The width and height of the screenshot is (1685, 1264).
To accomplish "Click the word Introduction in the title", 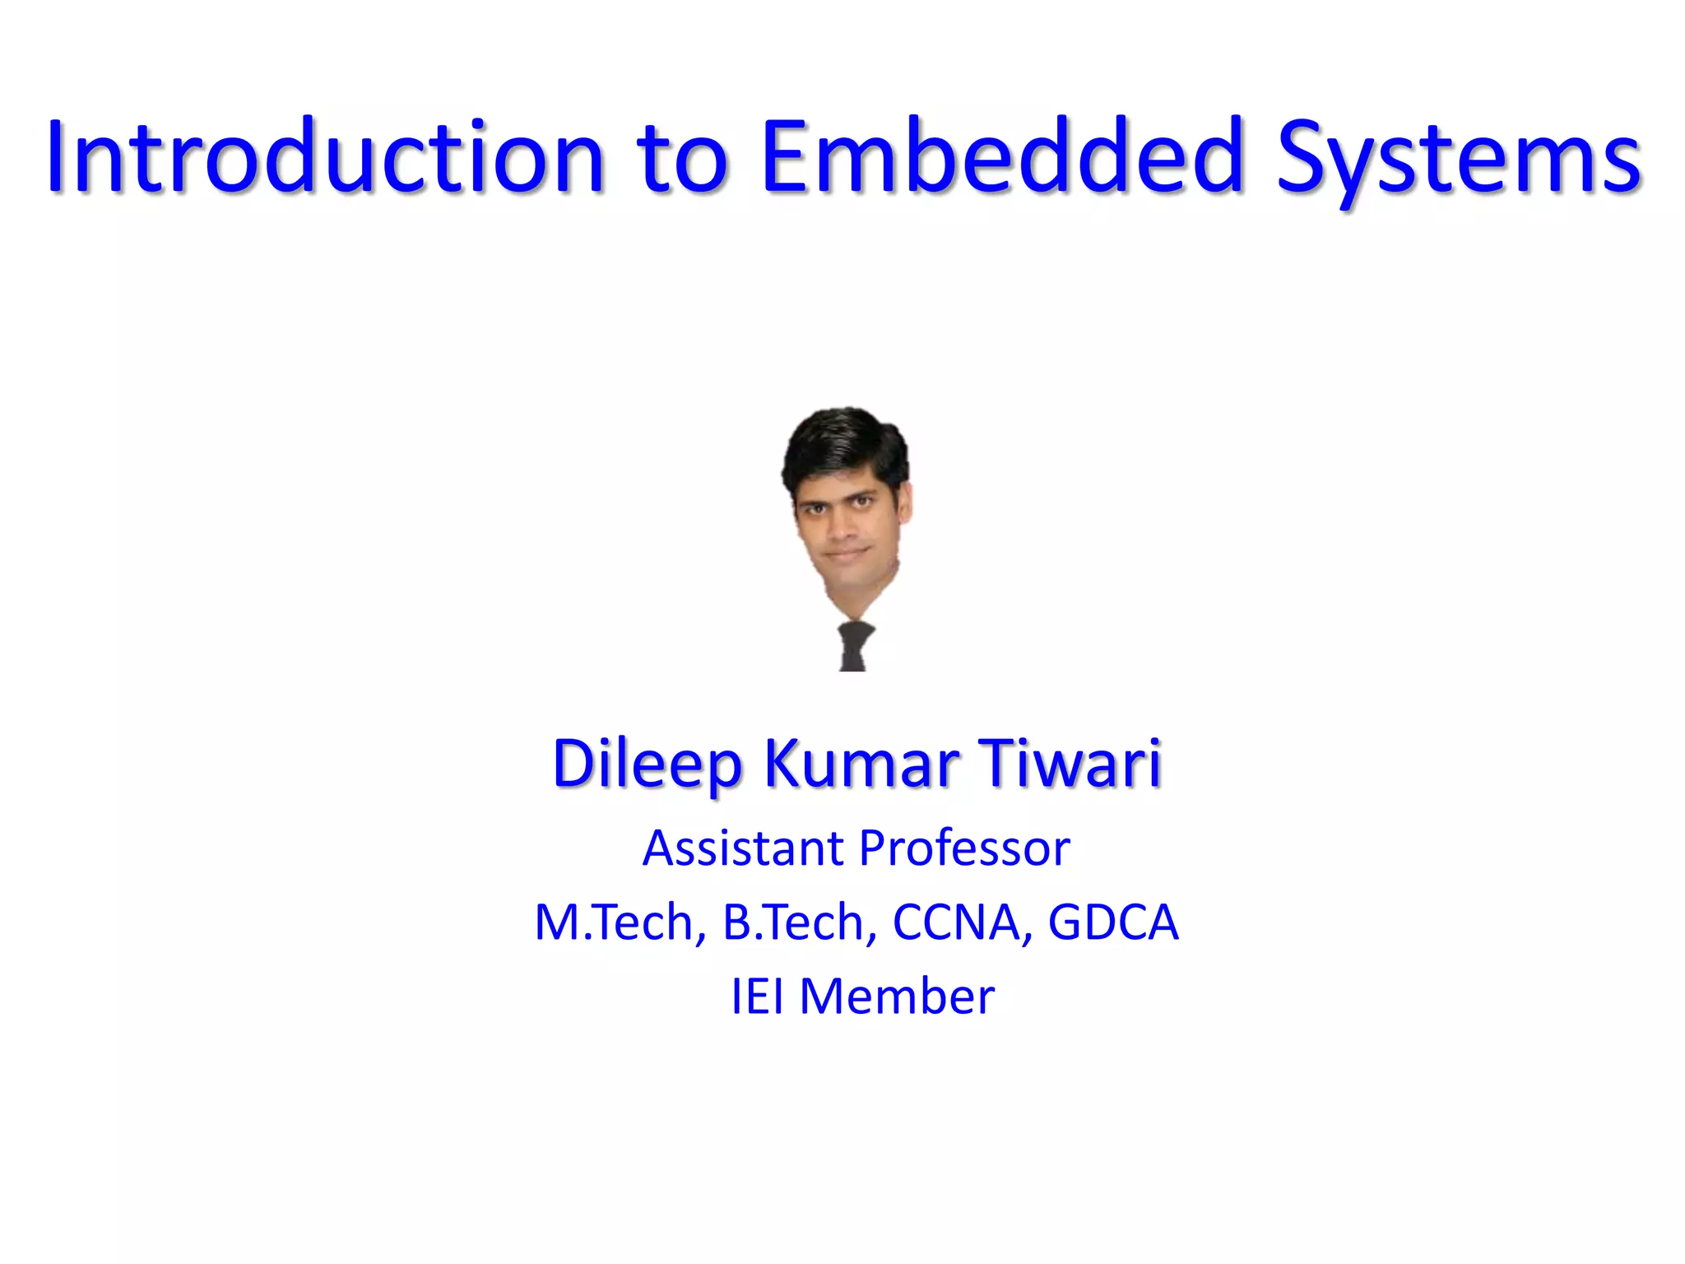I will [x=325, y=156].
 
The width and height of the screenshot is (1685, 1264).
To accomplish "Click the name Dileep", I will [x=647, y=764].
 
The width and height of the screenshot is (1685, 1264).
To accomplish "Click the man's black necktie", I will [x=854, y=646].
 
